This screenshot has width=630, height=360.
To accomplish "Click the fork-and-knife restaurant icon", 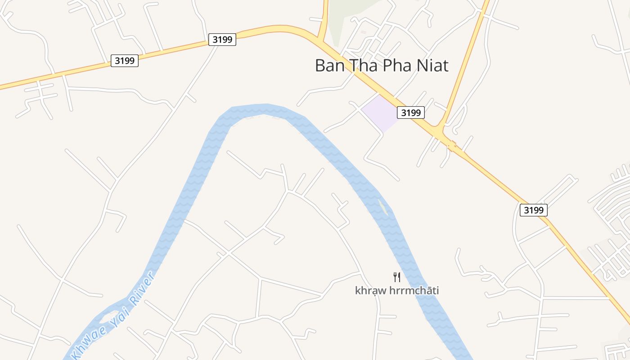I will point(396,277).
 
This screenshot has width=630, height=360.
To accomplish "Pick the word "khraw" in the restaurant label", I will point(370,291).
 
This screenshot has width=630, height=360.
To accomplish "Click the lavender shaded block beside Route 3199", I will point(380,112).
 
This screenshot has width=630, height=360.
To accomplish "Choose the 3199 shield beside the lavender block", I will point(410,112).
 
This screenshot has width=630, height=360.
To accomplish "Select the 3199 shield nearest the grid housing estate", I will point(533,210).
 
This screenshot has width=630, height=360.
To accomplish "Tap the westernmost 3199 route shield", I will point(124,60).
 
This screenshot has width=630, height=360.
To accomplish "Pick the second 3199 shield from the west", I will point(222,40).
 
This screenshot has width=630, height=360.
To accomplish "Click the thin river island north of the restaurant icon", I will point(383,207).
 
